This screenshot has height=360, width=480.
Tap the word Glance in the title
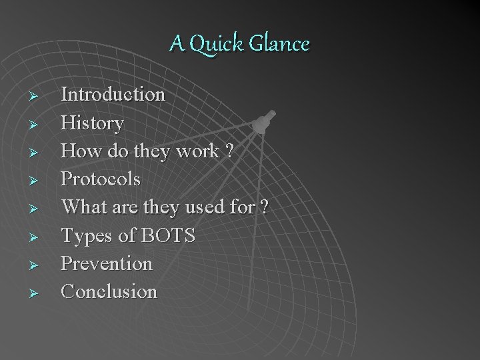click(281, 44)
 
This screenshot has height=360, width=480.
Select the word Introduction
click(113, 95)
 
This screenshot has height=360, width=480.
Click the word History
click(92, 123)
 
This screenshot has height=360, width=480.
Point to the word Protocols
click(101, 179)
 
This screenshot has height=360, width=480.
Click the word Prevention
click(107, 263)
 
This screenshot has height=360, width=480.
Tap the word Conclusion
click(109, 291)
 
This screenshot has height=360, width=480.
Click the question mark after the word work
click(229, 151)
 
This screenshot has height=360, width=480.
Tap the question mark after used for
click(264, 207)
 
